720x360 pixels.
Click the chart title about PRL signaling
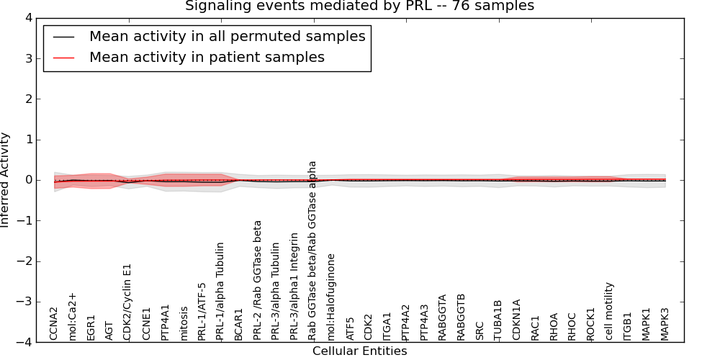click(359, 6)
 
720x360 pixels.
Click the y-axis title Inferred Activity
click(6, 180)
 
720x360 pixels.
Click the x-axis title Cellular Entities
click(359, 351)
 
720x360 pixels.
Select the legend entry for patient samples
click(207, 57)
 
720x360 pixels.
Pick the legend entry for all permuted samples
click(227, 36)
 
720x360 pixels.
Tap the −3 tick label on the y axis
click(27, 302)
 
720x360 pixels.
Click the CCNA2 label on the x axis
click(54, 323)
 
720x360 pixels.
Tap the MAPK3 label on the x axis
click(665, 324)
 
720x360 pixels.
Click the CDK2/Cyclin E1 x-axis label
click(127, 302)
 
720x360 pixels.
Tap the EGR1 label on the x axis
click(91, 327)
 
